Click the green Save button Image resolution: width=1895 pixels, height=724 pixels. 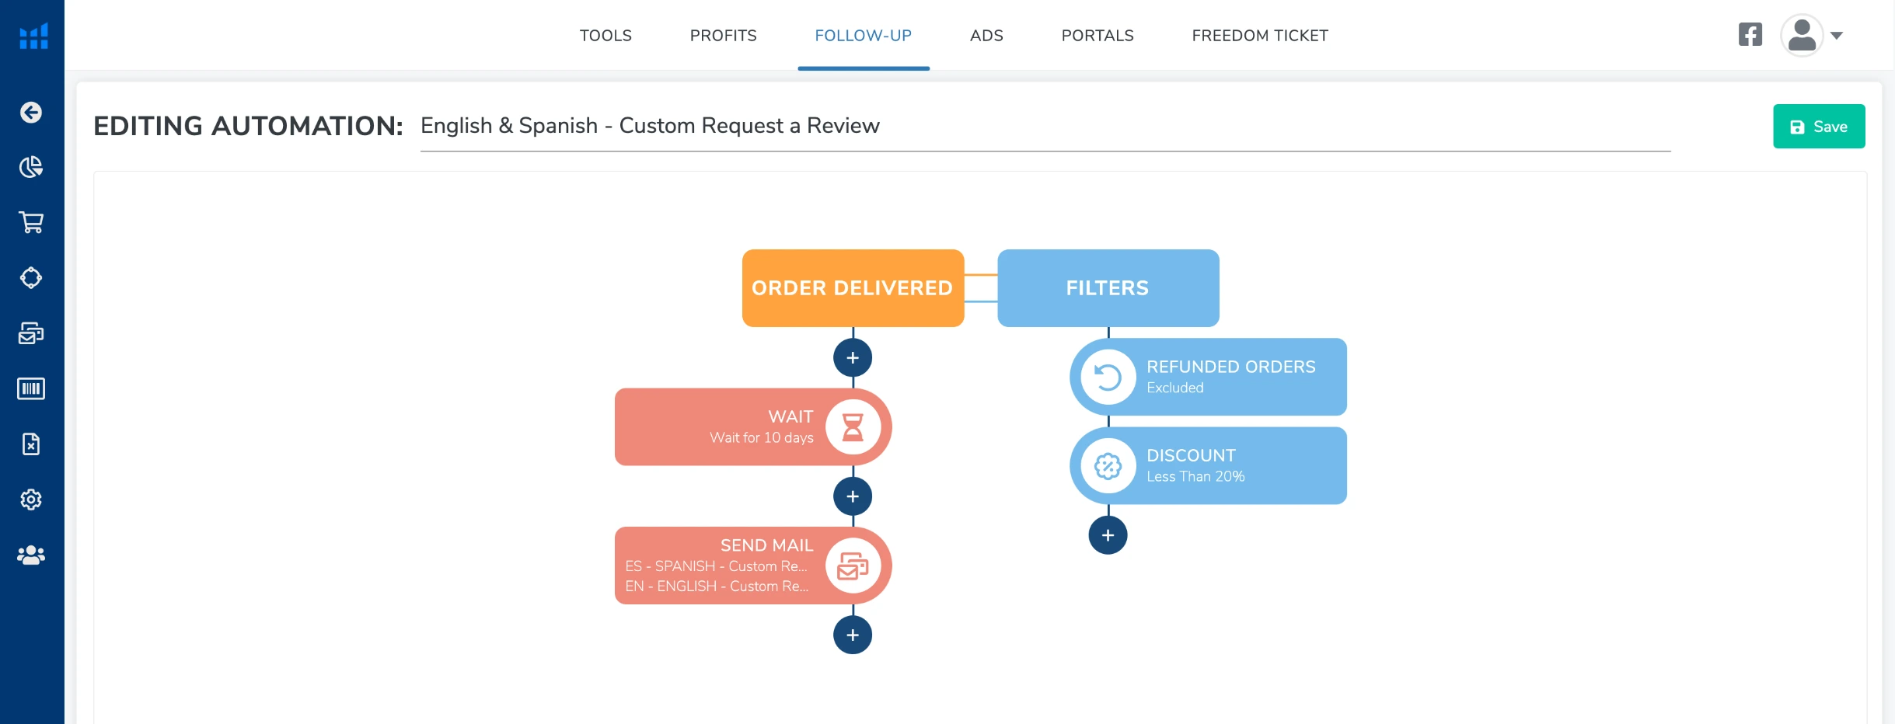coord(1818,127)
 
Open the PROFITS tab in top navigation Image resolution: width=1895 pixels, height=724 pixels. coord(723,36)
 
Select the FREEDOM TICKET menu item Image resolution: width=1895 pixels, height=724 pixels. coord(1259,36)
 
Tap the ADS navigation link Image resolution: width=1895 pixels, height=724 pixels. coord(986,36)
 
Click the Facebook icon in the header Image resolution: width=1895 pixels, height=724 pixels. coord(1750,35)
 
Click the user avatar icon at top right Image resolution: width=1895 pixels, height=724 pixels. coord(1801,36)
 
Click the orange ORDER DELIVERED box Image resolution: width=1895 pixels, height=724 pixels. coord(852,288)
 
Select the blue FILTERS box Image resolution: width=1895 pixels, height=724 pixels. coord(1107,288)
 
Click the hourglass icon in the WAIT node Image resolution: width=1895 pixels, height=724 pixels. coord(853,427)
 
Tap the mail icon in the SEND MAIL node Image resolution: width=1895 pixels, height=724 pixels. coord(853,566)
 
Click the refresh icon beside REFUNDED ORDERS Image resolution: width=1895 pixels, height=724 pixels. coord(1108,378)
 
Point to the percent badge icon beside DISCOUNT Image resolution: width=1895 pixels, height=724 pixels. coord(1108,466)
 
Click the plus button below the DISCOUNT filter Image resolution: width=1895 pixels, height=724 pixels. coord(1108,535)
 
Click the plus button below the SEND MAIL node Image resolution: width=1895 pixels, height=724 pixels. coord(853,635)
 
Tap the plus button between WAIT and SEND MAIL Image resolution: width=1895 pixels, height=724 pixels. coord(853,496)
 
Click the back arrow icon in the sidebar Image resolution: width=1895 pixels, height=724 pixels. coord(31,113)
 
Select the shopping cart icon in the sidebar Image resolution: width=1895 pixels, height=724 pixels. coord(31,223)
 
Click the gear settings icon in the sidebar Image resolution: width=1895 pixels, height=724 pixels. coord(31,499)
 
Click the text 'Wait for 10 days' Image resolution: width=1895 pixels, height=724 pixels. coord(761,438)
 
